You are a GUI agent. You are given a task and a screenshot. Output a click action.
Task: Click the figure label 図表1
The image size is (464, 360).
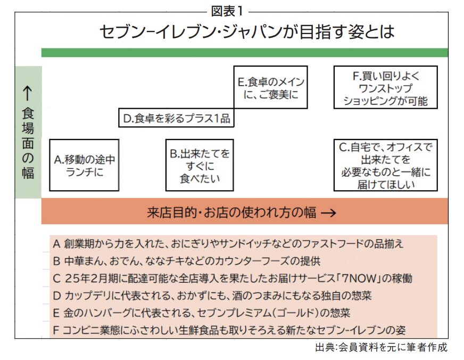click(x=227, y=11)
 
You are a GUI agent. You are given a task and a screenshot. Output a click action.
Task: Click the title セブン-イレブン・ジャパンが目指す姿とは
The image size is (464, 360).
click(x=247, y=31)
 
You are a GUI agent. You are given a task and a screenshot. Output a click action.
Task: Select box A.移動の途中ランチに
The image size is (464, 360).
click(x=84, y=165)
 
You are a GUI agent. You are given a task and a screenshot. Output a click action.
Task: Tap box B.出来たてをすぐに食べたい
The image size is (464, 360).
click(x=200, y=165)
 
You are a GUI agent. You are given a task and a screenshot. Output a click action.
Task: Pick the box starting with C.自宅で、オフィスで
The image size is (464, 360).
click(x=386, y=165)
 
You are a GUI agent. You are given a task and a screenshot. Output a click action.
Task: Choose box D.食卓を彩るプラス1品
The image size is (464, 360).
click(x=176, y=118)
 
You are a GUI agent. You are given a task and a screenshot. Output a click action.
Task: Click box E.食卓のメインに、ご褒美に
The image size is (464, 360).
click(x=271, y=87)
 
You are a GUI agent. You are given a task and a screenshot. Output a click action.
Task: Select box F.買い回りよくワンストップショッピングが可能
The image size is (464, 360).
click(x=386, y=87)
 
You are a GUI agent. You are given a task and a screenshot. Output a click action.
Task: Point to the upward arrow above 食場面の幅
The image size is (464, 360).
click(x=28, y=93)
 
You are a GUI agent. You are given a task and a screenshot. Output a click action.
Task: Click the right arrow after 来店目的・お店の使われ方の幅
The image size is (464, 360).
click(x=329, y=212)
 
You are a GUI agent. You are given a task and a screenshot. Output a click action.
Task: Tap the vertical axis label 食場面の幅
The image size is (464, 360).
click(x=28, y=143)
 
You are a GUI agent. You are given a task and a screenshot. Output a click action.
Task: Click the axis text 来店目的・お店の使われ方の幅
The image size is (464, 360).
click(x=231, y=212)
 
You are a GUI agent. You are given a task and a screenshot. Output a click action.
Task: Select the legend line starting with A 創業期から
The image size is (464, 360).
click(x=228, y=244)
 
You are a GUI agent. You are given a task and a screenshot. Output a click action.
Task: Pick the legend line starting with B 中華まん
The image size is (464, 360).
click(x=187, y=261)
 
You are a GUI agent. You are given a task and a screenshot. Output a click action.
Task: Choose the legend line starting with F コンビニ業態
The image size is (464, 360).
click(x=229, y=330)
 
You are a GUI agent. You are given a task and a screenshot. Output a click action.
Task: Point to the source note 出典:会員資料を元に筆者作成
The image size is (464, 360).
click(x=381, y=347)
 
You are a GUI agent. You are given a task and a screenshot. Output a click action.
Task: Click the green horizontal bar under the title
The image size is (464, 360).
click(x=245, y=52)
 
